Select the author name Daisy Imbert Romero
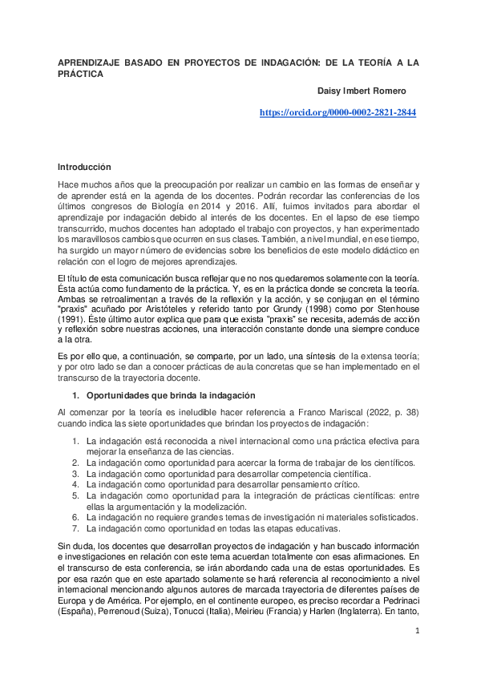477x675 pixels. (x=362, y=91)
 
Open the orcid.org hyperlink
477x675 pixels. (x=338, y=114)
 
